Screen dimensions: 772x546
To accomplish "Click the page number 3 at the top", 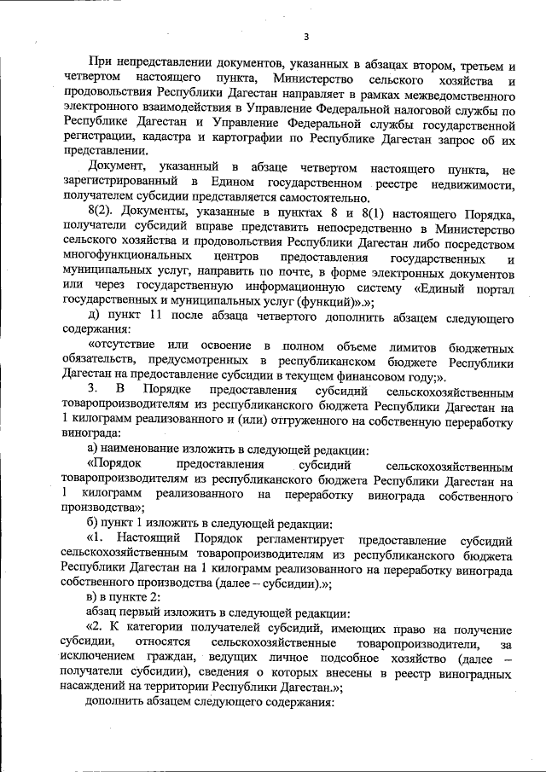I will (305, 36).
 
